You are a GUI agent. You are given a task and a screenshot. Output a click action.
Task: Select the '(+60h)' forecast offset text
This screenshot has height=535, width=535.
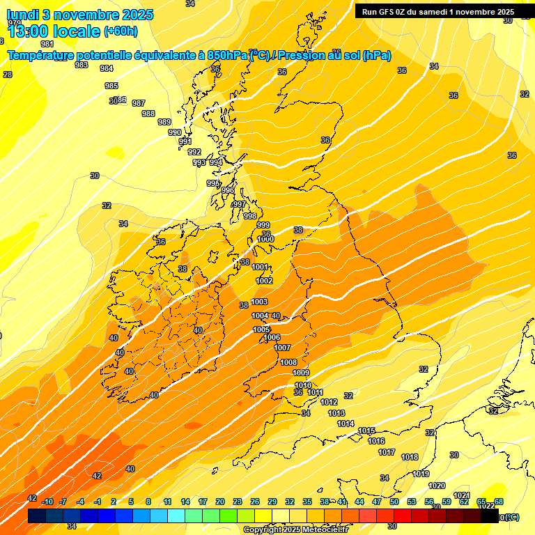pyautogui.click(x=121, y=31)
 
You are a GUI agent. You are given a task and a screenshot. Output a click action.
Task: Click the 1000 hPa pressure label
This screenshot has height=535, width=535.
pyautogui.click(x=265, y=239)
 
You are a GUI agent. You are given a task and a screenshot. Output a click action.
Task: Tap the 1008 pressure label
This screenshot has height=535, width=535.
pyautogui.click(x=288, y=362)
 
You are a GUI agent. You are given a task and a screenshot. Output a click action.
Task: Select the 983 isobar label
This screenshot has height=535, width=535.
pyautogui.click(x=82, y=65)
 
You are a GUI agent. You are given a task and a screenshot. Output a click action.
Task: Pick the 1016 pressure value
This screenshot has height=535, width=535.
pyautogui.click(x=376, y=441)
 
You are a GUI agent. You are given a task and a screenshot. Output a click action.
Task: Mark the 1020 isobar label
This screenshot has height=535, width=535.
pyautogui.click(x=437, y=486)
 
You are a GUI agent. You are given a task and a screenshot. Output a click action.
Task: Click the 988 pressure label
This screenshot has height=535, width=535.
pyautogui.click(x=148, y=114)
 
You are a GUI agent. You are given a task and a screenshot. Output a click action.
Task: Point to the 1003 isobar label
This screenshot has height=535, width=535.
pyautogui.click(x=259, y=302)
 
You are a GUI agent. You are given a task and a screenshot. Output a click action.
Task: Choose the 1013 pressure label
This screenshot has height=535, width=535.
pyautogui.click(x=336, y=413)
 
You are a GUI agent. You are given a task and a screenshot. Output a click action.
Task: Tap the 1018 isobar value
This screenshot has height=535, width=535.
pyautogui.click(x=410, y=457)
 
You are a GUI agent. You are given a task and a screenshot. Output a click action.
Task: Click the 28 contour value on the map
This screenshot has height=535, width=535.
pyautogui.click(x=8, y=75)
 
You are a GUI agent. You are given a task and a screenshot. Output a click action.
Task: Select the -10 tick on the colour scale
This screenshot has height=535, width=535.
pyautogui.click(x=47, y=502)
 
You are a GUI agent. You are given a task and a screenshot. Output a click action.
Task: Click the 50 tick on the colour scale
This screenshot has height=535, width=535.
pyautogui.click(x=394, y=502)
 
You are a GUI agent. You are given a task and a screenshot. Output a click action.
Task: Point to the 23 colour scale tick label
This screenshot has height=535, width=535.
pyautogui.click(x=238, y=502)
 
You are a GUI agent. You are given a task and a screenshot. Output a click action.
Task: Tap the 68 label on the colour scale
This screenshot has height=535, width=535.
pyautogui.click(x=499, y=502)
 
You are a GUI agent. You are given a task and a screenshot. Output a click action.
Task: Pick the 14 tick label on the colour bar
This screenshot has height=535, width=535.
pyautogui.click(x=185, y=502)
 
